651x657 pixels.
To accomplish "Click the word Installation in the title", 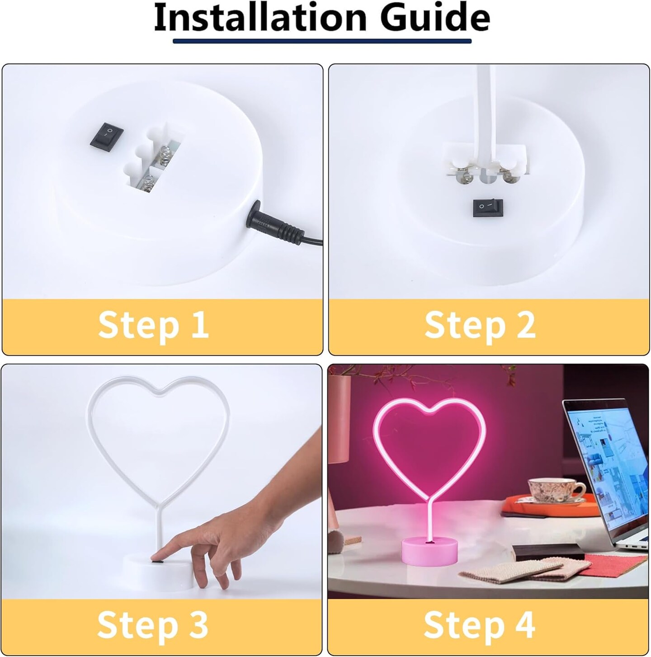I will tap(260, 18).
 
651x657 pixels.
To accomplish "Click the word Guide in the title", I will tap(435, 18).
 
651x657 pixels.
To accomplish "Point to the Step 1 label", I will tap(154, 325).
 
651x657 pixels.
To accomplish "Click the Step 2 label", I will tap(480, 325).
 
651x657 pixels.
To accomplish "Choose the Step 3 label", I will tap(153, 625).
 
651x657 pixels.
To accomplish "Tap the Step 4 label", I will tap(479, 625).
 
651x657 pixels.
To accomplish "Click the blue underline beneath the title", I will tap(322, 41).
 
